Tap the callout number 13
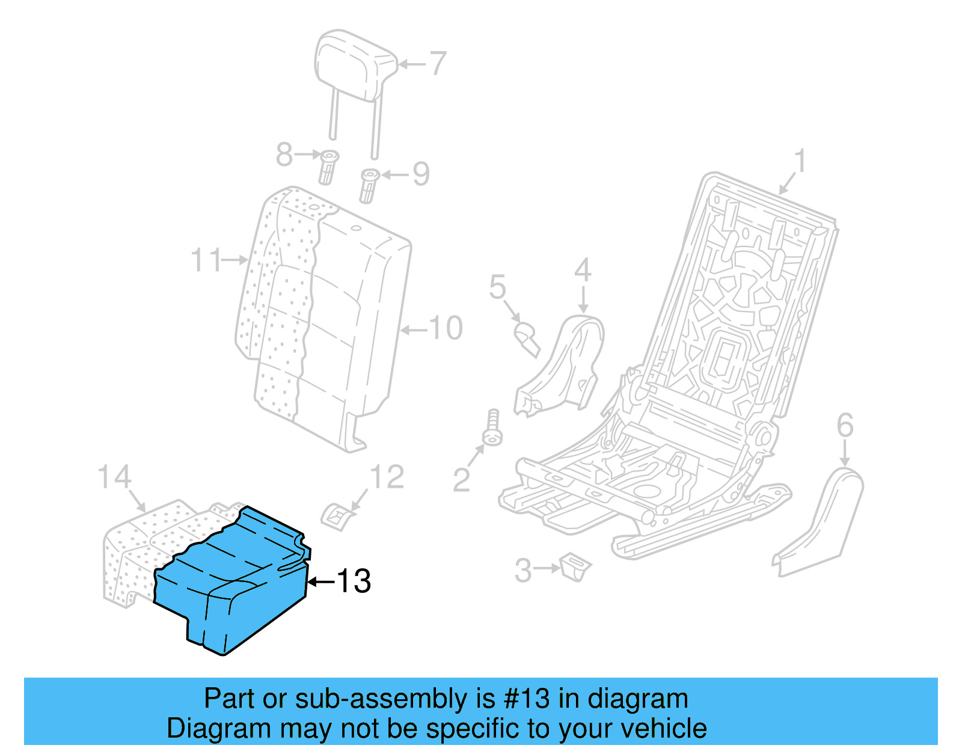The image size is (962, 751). (354, 581)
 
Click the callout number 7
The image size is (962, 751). (438, 63)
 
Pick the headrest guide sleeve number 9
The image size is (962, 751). (369, 186)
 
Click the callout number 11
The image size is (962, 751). (206, 260)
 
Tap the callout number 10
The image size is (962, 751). (446, 328)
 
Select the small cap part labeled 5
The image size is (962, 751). (526, 337)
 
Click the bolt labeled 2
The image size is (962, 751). (492, 428)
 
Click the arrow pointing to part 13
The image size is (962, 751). (320, 581)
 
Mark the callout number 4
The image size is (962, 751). (583, 271)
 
